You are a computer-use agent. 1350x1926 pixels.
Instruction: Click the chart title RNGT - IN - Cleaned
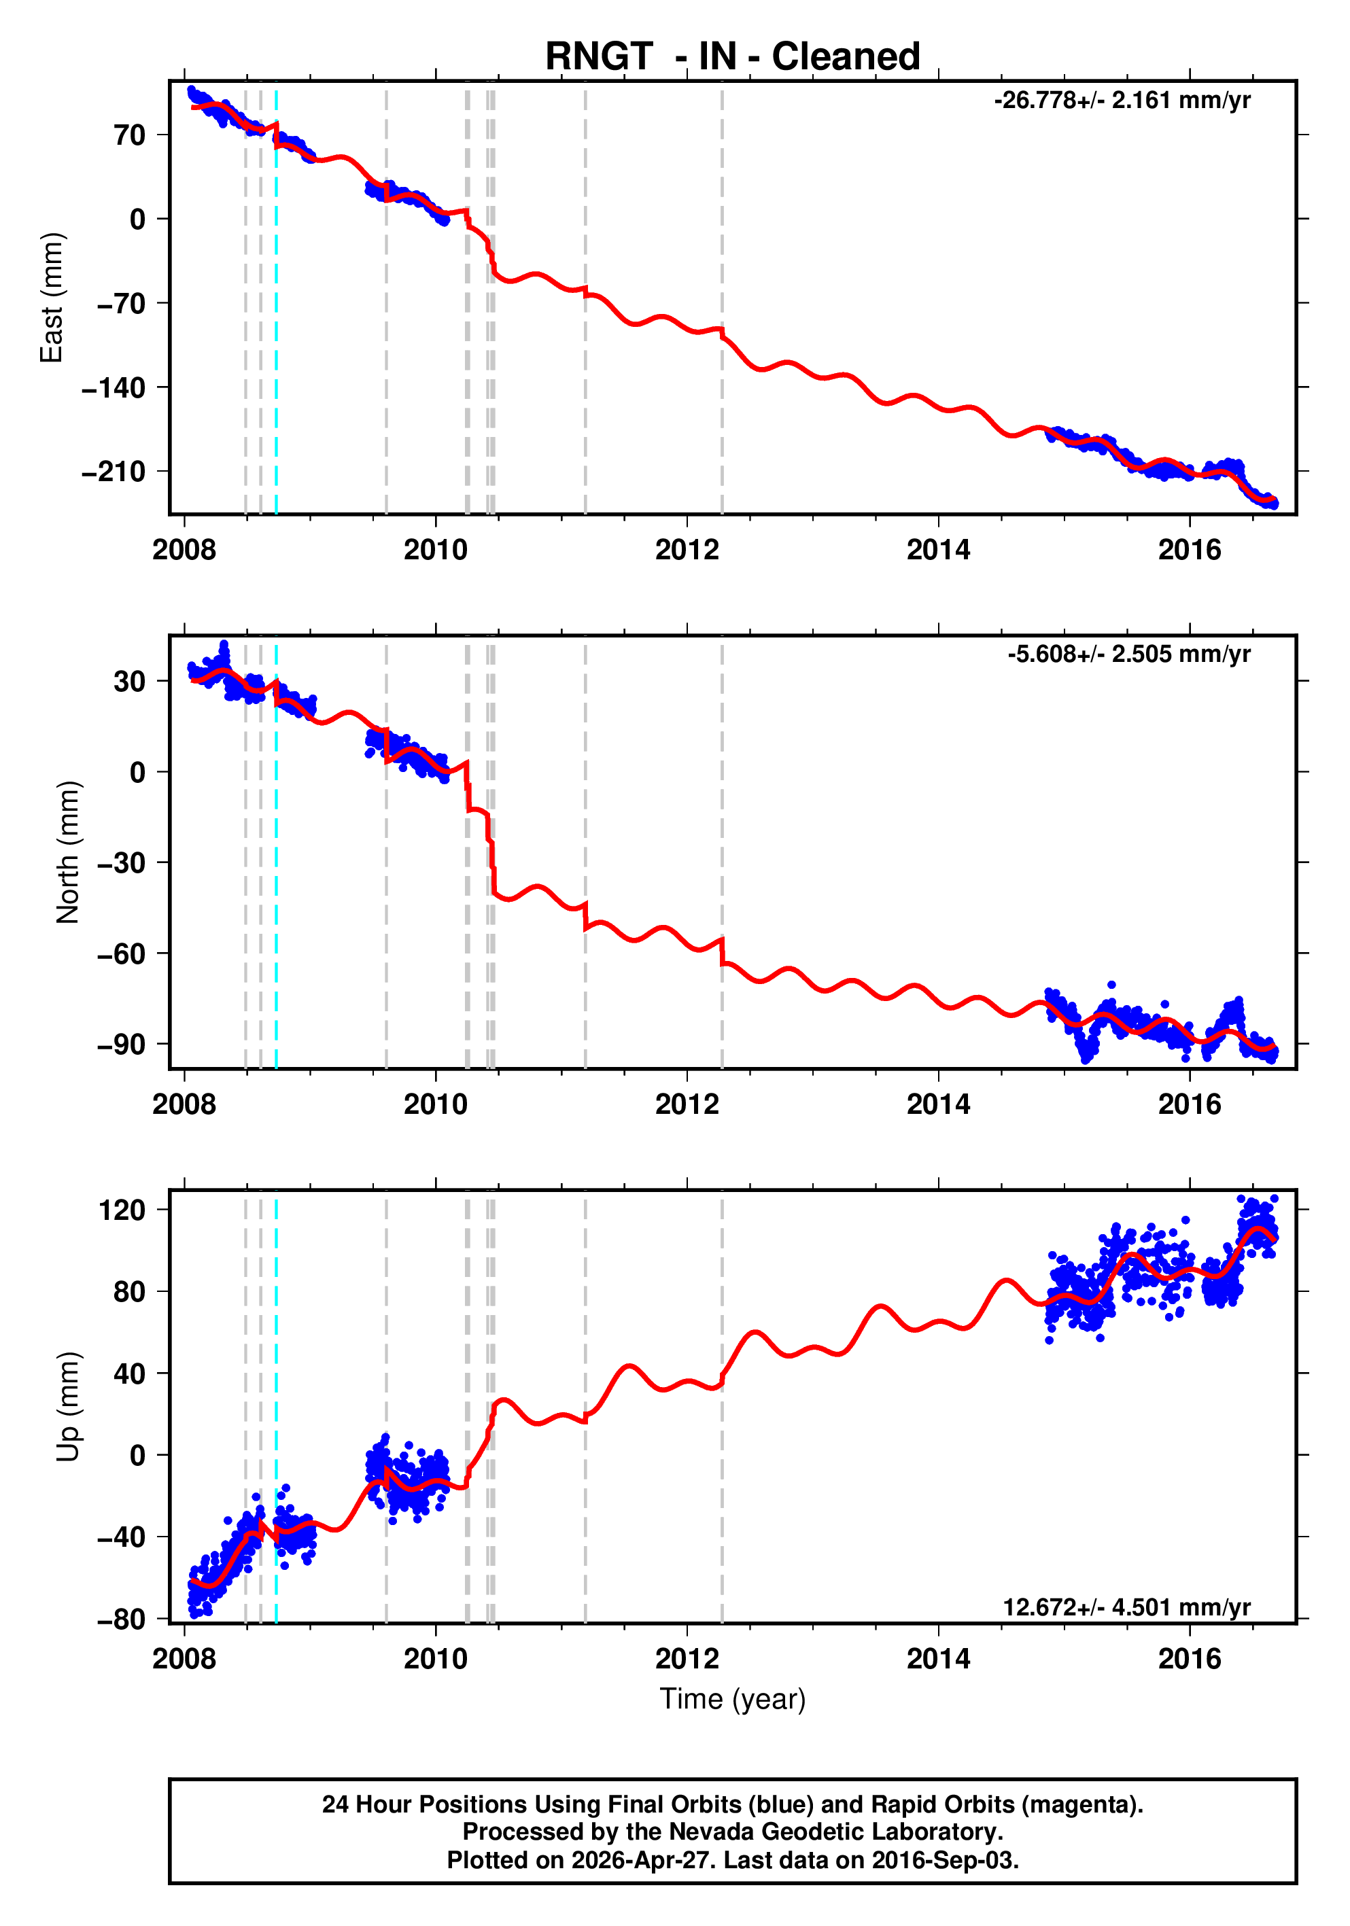[733, 57]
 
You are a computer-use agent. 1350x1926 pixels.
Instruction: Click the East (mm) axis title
[52, 298]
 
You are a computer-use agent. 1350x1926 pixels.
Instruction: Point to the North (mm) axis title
[68, 852]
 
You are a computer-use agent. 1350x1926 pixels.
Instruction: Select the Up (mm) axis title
[68, 1407]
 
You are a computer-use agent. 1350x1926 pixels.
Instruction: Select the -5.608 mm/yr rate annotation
[1128, 654]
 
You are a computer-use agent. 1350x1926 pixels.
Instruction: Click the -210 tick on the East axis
[114, 472]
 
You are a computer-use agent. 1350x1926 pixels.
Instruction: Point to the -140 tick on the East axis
[114, 387]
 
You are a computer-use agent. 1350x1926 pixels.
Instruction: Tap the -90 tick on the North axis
[121, 1045]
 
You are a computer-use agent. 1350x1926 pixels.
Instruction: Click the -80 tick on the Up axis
[121, 1619]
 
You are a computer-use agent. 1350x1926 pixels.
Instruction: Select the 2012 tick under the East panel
[687, 551]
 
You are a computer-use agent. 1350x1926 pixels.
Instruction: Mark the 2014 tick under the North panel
[938, 1105]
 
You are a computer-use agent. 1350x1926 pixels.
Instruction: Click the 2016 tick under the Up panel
[1190, 1659]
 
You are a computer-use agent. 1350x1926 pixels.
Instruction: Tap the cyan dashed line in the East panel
[276, 336]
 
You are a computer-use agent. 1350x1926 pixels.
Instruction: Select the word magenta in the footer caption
[1088, 1804]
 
